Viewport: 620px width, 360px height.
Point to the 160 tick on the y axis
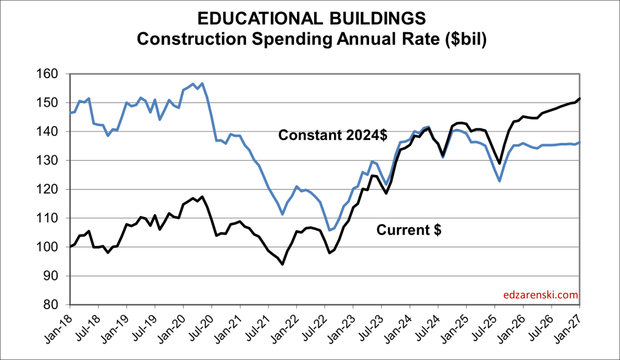pos(54,74)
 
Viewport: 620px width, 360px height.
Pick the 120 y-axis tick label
pos(54,189)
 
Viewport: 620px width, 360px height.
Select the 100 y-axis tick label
pos(54,247)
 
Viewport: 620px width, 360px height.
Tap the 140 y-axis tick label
pos(54,132)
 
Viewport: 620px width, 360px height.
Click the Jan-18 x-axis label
pos(59,328)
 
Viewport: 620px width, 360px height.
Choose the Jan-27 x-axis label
pos(569,328)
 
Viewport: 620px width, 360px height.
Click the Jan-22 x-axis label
pos(286,328)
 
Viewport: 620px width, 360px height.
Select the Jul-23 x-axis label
pos(371,328)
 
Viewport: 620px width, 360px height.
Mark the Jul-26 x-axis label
pos(541,328)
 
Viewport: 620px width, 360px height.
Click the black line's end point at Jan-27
pos(579,99)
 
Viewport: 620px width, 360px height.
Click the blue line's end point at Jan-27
pos(579,142)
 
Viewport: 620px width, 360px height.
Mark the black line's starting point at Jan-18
pos(70,247)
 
